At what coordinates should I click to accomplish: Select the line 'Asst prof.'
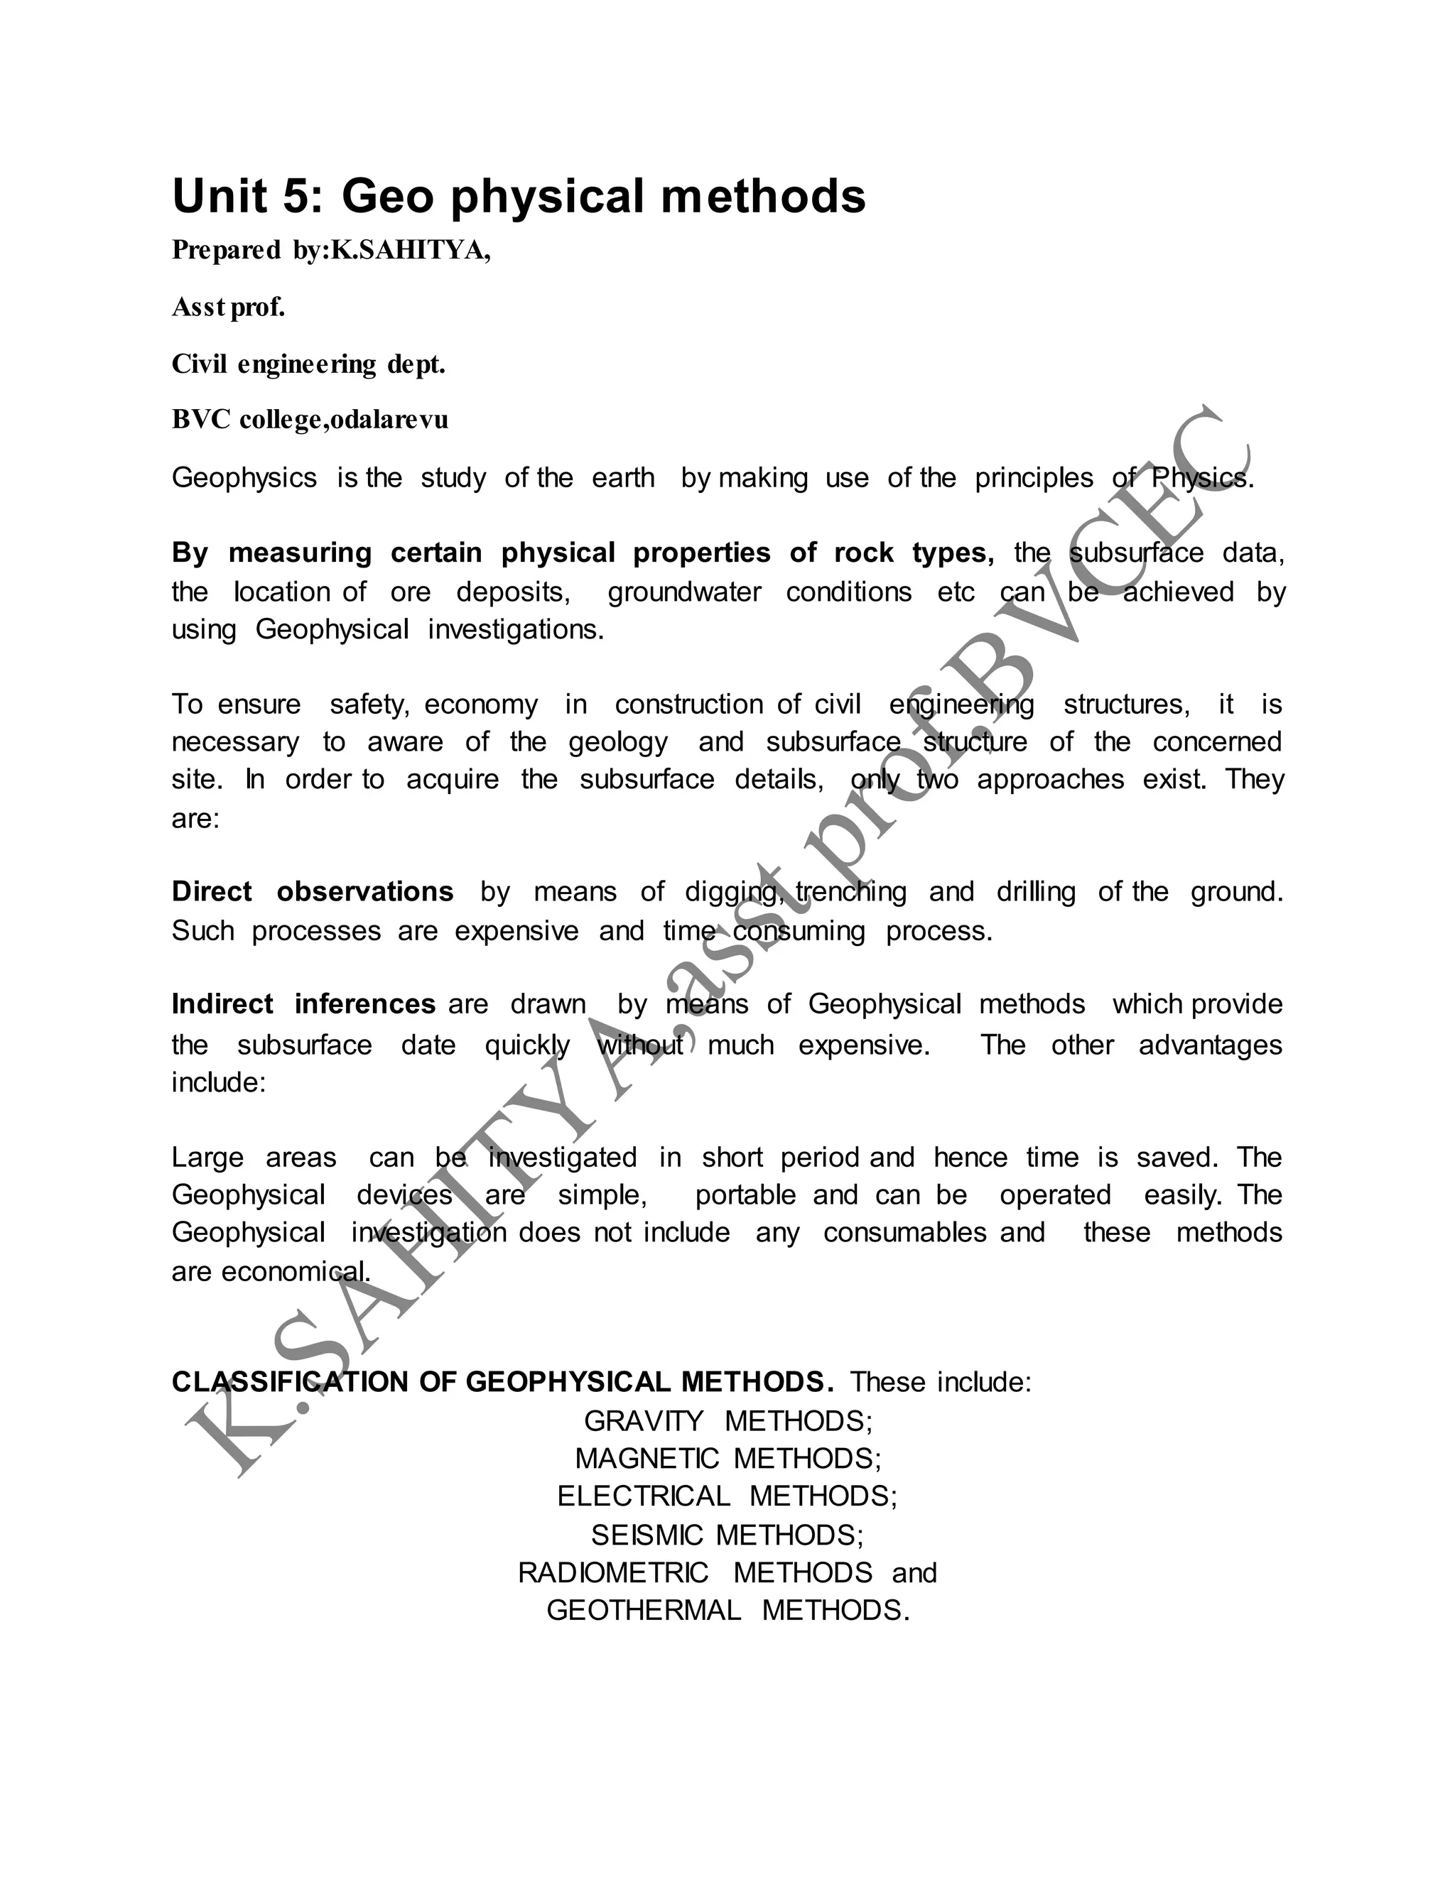(229, 307)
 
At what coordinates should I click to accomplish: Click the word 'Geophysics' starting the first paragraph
(244, 477)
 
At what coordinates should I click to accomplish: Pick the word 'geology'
(618, 742)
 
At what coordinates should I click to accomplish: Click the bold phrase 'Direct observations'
(312, 891)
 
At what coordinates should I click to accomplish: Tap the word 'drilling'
(1036, 891)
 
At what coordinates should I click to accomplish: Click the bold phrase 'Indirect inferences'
(303, 1004)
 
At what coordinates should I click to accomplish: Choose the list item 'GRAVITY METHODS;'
(728, 1421)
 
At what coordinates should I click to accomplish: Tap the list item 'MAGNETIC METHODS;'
(728, 1458)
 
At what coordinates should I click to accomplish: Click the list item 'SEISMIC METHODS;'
(727, 1535)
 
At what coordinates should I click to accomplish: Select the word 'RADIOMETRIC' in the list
(613, 1572)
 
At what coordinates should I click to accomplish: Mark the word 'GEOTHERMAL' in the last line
(644, 1610)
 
